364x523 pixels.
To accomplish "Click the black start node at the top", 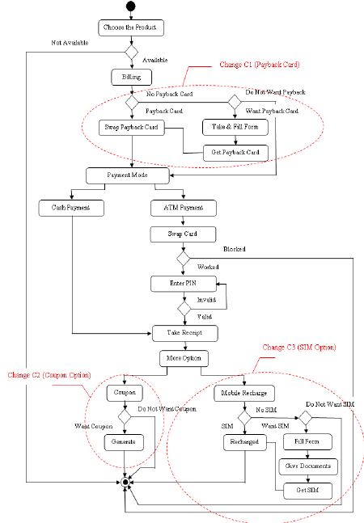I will click(x=131, y=8).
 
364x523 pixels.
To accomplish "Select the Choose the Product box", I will click(x=131, y=27).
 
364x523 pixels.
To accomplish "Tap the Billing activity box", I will click(x=131, y=77).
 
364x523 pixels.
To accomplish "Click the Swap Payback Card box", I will click(x=131, y=127).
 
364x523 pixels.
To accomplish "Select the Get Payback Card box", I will click(x=235, y=152).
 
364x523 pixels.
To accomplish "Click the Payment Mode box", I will click(x=128, y=175).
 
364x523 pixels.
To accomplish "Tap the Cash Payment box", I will click(x=72, y=209).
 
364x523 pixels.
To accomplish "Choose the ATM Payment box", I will click(x=184, y=209).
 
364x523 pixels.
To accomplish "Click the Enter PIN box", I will click(x=183, y=284).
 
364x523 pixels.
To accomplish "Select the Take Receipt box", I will click(x=184, y=331).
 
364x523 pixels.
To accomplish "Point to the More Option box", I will click(x=184, y=356).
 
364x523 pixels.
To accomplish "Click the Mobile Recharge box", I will click(x=245, y=394).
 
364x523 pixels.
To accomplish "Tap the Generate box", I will click(x=124, y=442).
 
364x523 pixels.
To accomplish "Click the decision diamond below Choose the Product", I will click(x=131, y=52).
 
